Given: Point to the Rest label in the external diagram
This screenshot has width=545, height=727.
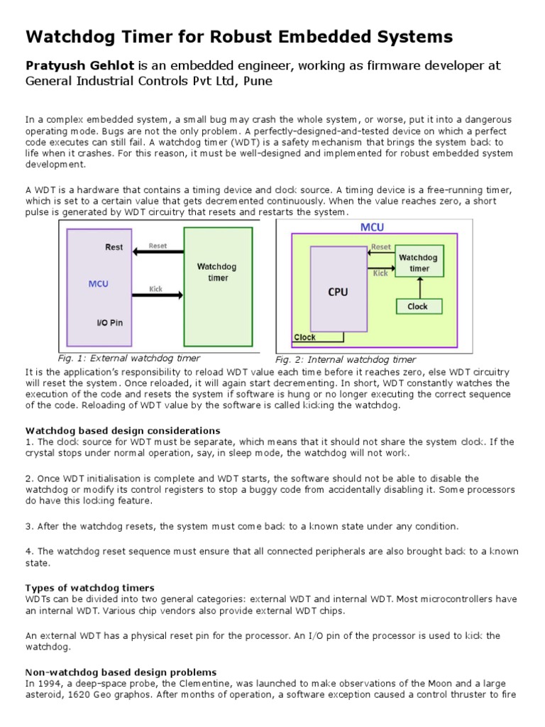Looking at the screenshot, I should point(114,248).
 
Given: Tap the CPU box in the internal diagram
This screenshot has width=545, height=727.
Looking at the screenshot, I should point(338,292).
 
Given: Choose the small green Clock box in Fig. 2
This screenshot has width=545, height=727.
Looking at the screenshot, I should point(417,307).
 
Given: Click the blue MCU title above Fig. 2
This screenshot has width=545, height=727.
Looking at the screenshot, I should point(373,228).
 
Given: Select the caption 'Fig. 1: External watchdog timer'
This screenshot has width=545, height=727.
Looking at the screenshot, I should point(128,359).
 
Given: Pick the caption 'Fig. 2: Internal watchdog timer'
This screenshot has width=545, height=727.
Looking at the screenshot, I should point(346,359).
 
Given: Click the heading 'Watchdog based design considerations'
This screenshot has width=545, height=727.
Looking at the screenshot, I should point(123,431).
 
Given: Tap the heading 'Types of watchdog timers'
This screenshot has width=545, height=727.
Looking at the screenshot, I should point(89,588).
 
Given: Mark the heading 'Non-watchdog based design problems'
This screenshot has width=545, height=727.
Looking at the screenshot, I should point(121,672).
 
